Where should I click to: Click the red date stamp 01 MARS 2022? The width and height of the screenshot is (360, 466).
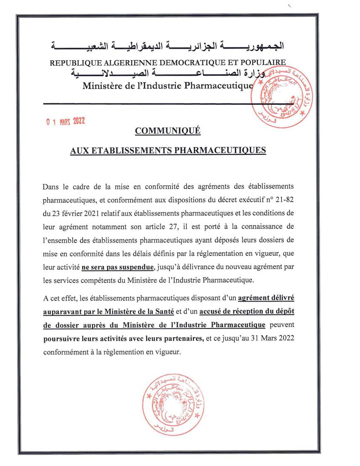66,122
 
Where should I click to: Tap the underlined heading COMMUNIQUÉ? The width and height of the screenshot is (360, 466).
168,131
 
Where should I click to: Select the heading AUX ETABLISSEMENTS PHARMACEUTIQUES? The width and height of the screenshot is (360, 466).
168,150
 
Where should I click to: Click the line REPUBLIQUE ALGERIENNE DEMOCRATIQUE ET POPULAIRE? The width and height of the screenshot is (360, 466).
168,63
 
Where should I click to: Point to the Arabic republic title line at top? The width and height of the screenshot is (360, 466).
168,44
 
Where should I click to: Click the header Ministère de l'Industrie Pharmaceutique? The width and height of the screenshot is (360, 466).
168,86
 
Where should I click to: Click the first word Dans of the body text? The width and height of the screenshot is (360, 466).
51,187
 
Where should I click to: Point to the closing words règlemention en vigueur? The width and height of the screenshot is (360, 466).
151,351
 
